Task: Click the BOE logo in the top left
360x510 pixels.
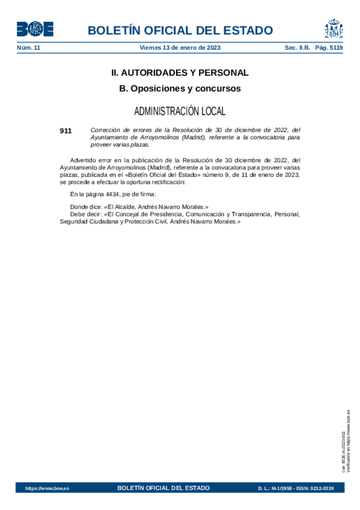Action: [35, 29]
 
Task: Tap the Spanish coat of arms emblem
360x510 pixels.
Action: [334, 28]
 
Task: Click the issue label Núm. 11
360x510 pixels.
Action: [28, 48]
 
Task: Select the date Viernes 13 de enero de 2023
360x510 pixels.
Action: [180, 48]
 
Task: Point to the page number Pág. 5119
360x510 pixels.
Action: [329, 48]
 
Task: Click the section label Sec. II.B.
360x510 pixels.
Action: [297, 48]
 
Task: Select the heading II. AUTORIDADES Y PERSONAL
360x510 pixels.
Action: [180, 73]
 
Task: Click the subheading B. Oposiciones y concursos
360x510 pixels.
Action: [180, 88]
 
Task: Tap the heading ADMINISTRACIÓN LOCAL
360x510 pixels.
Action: [180, 111]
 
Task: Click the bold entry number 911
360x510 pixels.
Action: [66, 130]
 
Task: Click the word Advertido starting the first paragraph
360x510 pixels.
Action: [83, 160]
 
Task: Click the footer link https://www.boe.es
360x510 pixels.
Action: [47, 488]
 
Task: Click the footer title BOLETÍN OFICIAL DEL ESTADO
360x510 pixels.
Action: [163, 488]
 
